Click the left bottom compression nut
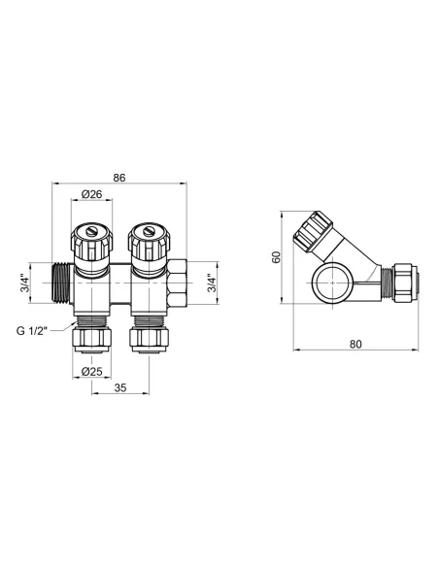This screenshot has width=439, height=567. pyautogui.click(x=92, y=340)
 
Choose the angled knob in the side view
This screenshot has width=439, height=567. pyautogui.click(x=315, y=234)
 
